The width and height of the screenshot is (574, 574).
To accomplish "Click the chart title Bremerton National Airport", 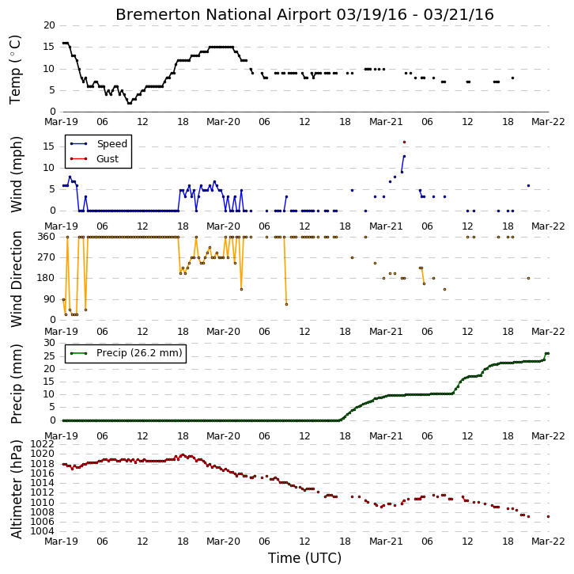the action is click(x=223, y=15).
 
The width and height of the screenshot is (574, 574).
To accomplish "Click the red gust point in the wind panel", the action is click(x=404, y=143).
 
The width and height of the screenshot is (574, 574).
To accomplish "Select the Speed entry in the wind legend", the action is click(x=99, y=143).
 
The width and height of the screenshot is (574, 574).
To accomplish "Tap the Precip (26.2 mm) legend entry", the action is click(x=126, y=353).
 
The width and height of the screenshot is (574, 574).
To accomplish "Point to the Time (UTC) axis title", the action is click(x=304, y=558).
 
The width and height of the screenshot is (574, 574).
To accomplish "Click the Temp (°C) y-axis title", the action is click(x=15, y=70).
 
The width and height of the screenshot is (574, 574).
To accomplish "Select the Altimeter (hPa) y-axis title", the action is click(x=16, y=489).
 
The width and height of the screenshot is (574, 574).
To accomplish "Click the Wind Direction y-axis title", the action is click(x=16, y=279).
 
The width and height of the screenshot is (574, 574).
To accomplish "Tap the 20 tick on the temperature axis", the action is click(x=50, y=25).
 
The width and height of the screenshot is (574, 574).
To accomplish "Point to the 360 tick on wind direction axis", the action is click(x=47, y=237).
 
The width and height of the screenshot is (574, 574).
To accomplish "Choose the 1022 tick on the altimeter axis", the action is click(x=42, y=444).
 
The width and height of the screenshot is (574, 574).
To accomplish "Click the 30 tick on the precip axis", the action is click(x=50, y=343).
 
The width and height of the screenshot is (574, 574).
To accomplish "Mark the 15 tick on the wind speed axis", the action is click(x=50, y=146).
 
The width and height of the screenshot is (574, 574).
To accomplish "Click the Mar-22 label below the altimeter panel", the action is click(x=548, y=542).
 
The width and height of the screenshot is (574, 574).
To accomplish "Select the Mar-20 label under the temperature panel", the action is click(x=223, y=122).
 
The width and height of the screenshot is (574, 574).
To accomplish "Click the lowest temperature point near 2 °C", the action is click(x=129, y=104).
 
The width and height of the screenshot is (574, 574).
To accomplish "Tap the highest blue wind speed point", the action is click(x=404, y=156).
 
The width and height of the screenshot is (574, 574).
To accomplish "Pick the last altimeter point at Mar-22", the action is click(x=548, y=516).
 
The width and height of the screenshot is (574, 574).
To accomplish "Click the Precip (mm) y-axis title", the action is click(x=16, y=384).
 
